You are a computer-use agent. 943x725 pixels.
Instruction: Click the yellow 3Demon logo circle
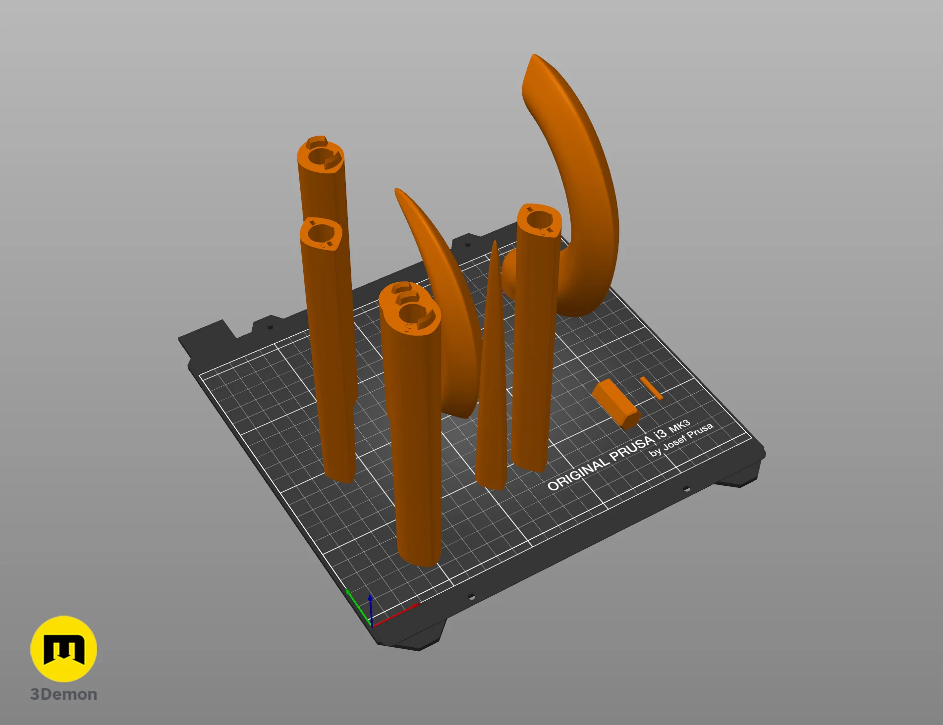click(x=63, y=649)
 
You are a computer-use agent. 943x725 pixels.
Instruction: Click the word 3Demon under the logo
click(x=64, y=694)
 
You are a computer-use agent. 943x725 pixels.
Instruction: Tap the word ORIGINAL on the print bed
click(x=577, y=473)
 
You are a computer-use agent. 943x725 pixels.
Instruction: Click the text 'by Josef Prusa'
click(x=682, y=440)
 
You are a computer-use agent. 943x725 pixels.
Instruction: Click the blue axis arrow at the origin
click(x=371, y=610)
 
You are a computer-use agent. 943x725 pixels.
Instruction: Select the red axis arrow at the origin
click(x=395, y=615)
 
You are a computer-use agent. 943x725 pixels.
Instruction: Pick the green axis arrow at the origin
click(x=358, y=607)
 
